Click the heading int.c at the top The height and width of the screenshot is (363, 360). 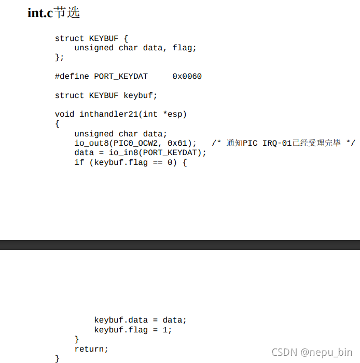[x=40, y=13]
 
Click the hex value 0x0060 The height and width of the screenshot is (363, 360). [x=187, y=76]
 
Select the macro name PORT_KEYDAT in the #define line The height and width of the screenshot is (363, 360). [x=120, y=76]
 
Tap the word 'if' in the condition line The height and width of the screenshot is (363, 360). [x=79, y=162]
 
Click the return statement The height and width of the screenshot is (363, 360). [x=91, y=349]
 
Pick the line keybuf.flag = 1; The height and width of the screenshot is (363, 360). [x=133, y=330]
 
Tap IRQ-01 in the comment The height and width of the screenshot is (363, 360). [x=277, y=143]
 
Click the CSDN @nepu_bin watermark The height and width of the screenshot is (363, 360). [x=312, y=352]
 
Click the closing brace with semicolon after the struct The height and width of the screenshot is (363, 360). [x=60, y=57]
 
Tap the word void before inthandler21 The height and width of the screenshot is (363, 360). [x=64, y=114]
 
